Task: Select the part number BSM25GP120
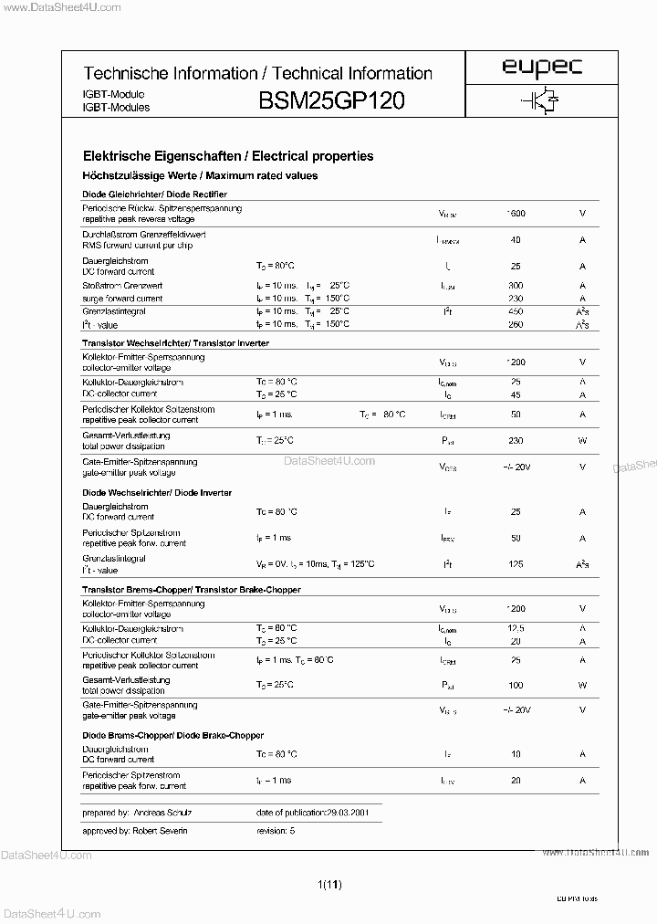pyautogui.click(x=333, y=100)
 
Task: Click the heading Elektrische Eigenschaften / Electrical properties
pyautogui.click(x=227, y=156)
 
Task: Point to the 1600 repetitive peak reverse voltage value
pyautogui.click(x=516, y=214)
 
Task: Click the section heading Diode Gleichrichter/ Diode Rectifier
pyautogui.click(x=154, y=194)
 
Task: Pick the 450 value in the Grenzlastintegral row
pyautogui.click(x=516, y=311)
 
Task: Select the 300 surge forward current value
pyautogui.click(x=516, y=286)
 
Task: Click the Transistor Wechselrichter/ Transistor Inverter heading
pyautogui.click(x=175, y=342)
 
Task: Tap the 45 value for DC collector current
pyautogui.click(x=516, y=394)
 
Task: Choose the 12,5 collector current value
pyautogui.click(x=516, y=629)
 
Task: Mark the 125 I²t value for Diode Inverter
pyautogui.click(x=516, y=565)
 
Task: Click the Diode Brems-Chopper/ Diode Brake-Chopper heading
pyautogui.click(x=172, y=735)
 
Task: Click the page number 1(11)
pyautogui.click(x=329, y=884)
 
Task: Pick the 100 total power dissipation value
pyautogui.click(x=516, y=685)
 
